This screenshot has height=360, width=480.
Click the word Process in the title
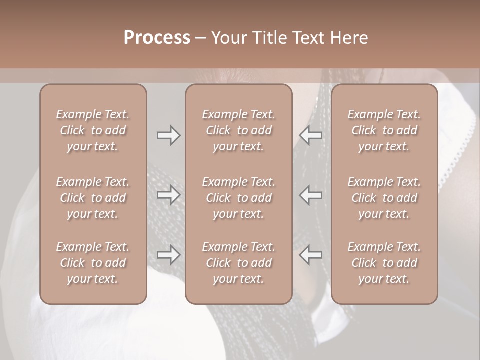157,37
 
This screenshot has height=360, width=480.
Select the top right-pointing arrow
168,135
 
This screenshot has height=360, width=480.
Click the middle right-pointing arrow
168,195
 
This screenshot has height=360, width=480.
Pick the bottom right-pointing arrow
168,255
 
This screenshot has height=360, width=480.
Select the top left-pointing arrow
311,135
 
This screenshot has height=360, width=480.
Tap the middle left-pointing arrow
311,195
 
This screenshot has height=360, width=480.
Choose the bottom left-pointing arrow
311,255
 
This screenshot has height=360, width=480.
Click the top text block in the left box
93,130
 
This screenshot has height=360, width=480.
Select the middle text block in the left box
93,198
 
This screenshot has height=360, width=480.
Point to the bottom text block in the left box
93,263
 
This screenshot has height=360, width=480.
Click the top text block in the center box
239,130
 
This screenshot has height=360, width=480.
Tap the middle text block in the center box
239,198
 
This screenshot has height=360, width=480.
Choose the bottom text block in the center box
239,263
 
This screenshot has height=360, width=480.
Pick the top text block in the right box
384,130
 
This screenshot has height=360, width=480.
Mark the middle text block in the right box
384,198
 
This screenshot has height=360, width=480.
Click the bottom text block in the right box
384,263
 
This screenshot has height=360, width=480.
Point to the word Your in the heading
229,37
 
